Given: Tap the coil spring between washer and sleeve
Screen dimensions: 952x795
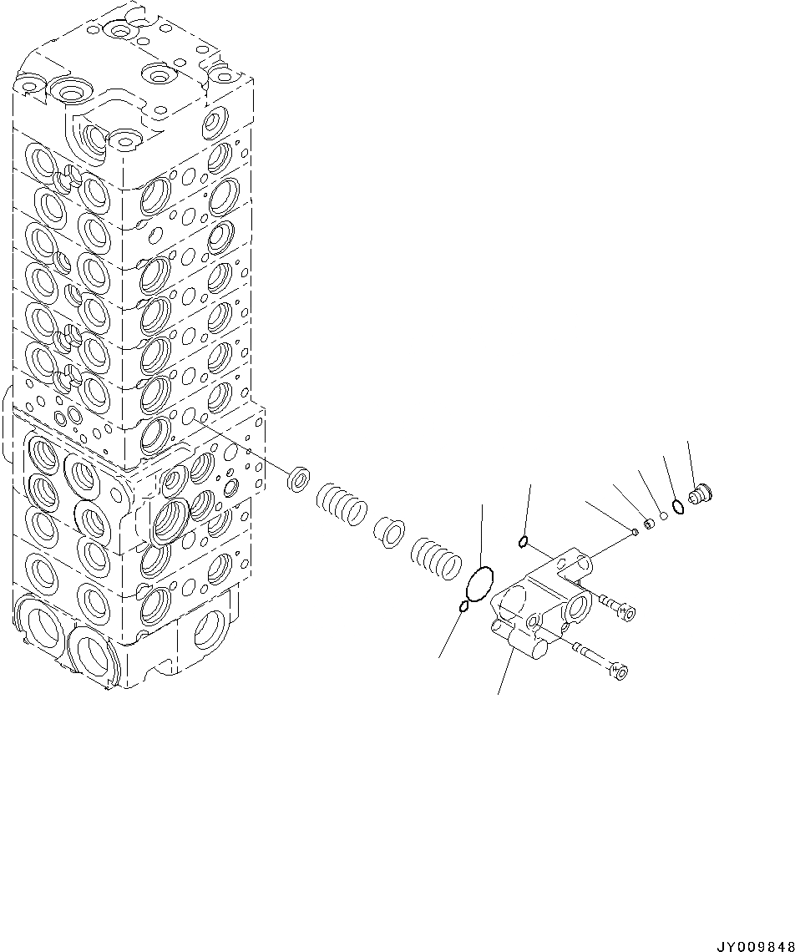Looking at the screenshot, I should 342,506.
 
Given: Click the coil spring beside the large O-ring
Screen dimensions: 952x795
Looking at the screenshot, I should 435,557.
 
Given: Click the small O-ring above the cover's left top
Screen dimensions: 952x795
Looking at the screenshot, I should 523,544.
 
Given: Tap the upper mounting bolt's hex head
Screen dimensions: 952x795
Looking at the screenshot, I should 626,615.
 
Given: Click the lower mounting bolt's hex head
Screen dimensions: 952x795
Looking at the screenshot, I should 619,670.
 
